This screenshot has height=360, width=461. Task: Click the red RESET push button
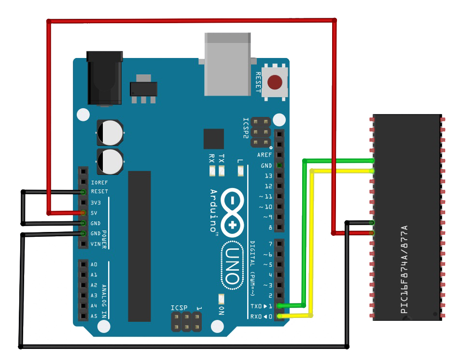click(275, 82)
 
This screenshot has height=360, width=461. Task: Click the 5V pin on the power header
click(84, 213)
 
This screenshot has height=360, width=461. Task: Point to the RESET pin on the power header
click(84, 192)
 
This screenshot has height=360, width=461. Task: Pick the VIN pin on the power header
click(84, 244)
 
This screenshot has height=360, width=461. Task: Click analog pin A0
click(84, 264)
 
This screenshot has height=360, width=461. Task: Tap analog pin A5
click(84, 317)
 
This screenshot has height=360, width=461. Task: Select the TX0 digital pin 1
click(279, 306)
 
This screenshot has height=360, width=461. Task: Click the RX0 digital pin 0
click(279, 317)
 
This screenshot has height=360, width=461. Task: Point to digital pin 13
click(279, 176)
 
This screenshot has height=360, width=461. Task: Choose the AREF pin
click(279, 155)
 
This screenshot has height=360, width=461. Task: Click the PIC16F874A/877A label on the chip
click(405, 269)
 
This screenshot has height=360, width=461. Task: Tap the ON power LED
click(222, 298)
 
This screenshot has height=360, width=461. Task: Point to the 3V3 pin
click(84, 202)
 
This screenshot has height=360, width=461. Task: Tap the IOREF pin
click(84, 182)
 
